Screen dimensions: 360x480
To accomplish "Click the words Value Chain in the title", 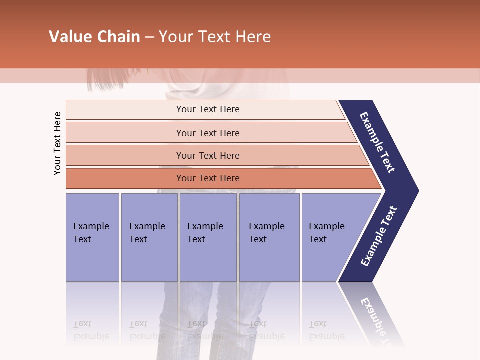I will pos(94,37).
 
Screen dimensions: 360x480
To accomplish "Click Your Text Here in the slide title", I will pos(215,37).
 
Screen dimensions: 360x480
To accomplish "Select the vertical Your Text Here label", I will pos(57,144).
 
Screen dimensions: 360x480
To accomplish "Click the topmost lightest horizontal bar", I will pos(125,110).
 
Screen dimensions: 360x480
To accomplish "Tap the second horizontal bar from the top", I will pos(125,133).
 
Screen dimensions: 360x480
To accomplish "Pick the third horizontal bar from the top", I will pos(125,155).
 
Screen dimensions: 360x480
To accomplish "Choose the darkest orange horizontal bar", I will pos(125,178).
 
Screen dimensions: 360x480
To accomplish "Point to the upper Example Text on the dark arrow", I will pos(377,142).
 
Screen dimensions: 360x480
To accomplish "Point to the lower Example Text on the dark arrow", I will pos(378,236).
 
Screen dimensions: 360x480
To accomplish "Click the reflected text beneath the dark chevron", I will pos(376,317).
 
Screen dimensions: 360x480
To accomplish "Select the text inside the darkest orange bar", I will pos(208,178).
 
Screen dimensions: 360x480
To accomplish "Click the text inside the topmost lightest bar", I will pos(208,109).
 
